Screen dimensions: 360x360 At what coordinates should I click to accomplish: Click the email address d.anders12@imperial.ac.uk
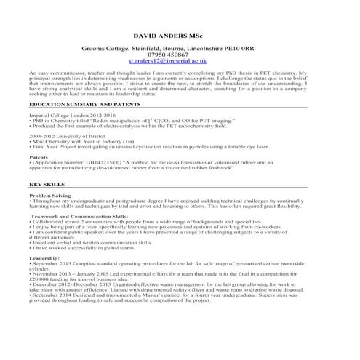click(168, 62)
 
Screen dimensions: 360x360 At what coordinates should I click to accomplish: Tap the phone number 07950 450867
click(168, 55)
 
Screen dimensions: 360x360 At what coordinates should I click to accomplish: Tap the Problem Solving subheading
click(50, 196)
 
